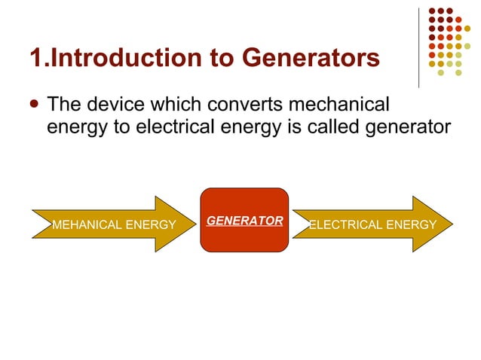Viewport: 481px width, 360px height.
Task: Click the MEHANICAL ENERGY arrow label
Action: tap(113, 224)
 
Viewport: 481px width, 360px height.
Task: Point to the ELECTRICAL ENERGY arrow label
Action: tap(372, 224)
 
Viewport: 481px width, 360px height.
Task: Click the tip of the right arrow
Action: tap(452, 224)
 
